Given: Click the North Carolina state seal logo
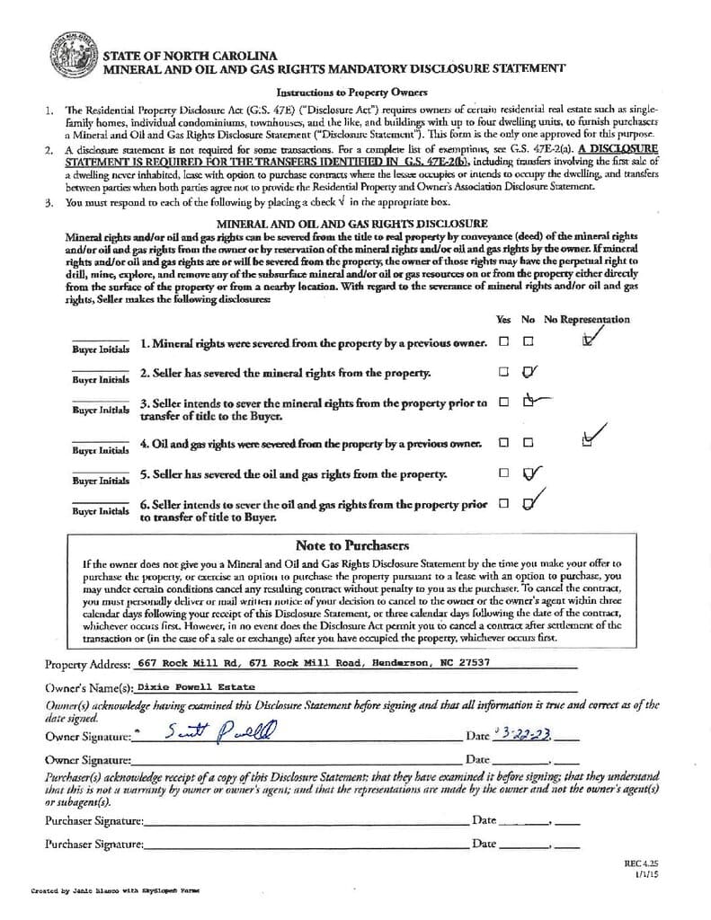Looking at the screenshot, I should (x=75, y=57).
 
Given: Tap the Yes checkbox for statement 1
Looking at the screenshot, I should (x=504, y=341).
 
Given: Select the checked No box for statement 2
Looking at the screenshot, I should (x=529, y=371).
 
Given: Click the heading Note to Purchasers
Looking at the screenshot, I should (x=352, y=545).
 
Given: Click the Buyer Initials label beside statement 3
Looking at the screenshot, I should (x=100, y=409).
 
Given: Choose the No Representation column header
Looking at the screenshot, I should (x=586, y=319).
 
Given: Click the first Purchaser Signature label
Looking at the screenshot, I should (x=93, y=820).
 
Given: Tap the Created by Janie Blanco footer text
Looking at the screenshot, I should (x=116, y=890).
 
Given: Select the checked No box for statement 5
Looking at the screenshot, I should (x=529, y=473).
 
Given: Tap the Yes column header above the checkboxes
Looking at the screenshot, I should (x=503, y=319).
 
